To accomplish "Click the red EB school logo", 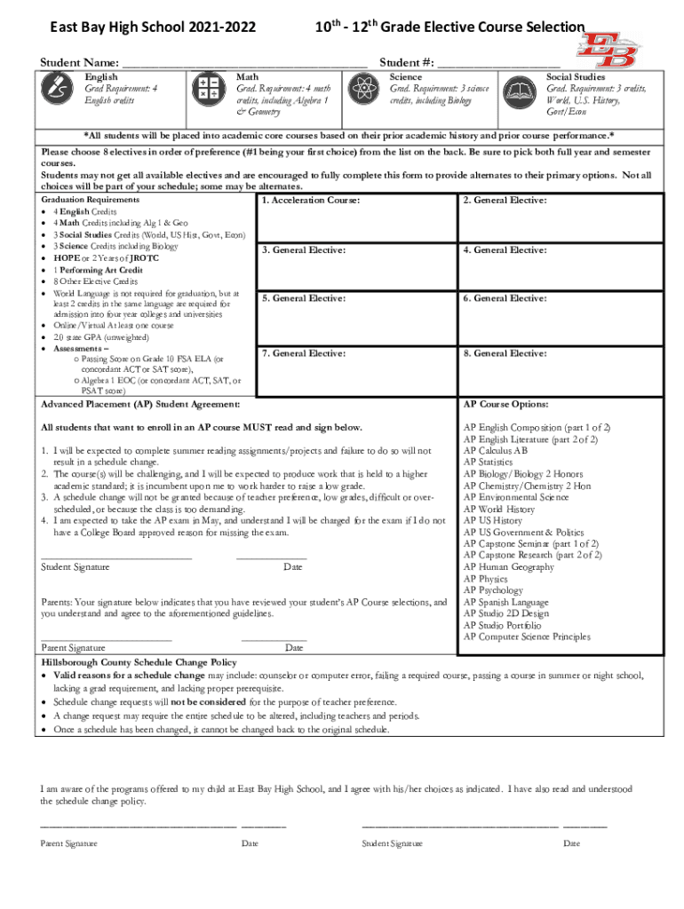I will coord(612,49).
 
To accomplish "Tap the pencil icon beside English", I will coord(59,91).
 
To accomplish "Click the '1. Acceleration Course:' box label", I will coord(311,202).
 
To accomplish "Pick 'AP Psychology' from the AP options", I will coord(494,590).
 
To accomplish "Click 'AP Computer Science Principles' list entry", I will coord(527,636).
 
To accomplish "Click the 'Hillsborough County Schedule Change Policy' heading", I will coord(139,662).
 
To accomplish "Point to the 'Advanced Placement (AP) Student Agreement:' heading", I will coord(140,405).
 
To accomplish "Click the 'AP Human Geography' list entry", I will coord(508,567).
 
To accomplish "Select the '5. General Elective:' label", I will coord(304,299).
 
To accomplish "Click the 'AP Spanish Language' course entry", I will coord(506,602).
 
